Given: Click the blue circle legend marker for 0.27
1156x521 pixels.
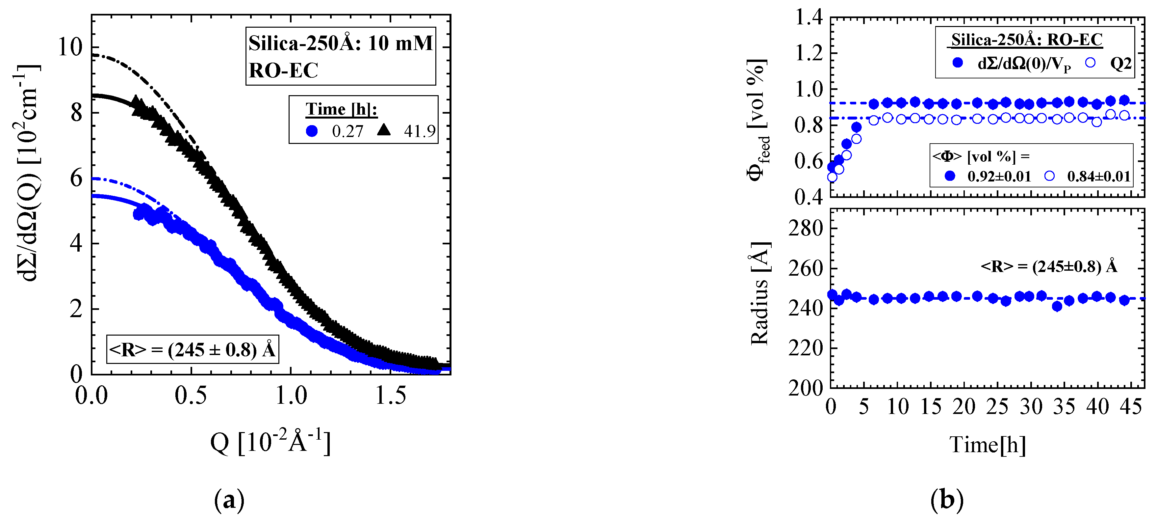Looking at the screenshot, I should click(x=312, y=131).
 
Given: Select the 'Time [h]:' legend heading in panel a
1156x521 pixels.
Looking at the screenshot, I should click(x=341, y=109).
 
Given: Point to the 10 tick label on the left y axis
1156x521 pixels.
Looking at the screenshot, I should click(x=71, y=47).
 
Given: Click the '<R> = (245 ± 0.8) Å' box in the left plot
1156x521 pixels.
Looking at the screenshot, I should click(x=193, y=349).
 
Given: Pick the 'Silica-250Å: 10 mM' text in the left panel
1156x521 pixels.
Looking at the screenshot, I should click(x=341, y=43).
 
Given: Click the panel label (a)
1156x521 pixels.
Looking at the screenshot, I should click(x=229, y=500).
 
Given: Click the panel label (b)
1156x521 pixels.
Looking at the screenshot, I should click(x=947, y=500).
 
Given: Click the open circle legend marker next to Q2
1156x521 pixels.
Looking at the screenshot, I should click(x=1090, y=63).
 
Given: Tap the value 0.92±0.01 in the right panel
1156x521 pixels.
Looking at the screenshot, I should click(x=999, y=177).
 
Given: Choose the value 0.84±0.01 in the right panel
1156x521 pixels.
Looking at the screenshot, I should click(x=1098, y=177).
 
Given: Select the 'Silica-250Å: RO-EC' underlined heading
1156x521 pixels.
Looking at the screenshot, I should click(x=1027, y=40).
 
